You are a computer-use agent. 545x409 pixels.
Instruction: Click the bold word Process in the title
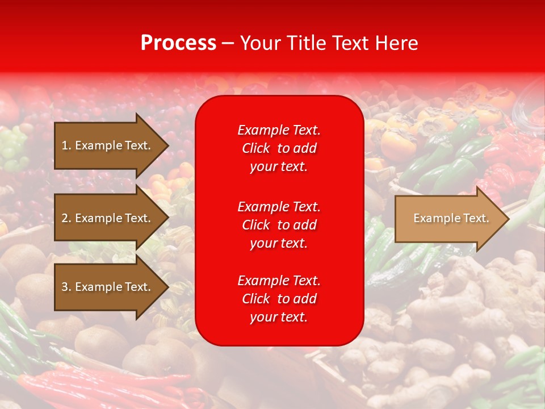178,43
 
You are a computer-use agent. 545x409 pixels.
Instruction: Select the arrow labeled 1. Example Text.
108,145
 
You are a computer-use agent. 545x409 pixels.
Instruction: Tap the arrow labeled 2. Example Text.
108,218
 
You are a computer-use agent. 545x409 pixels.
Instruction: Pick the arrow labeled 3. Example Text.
108,287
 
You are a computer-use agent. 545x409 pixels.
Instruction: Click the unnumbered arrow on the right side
448,219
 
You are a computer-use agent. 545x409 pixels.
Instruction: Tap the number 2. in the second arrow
66,218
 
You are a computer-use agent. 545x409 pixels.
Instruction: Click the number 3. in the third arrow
66,287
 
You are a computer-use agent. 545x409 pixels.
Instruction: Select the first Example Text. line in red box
279,130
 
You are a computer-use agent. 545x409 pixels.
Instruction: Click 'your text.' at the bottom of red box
279,317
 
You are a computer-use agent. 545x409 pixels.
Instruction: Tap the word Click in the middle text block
256,225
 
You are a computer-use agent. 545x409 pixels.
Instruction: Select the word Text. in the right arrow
475,219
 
